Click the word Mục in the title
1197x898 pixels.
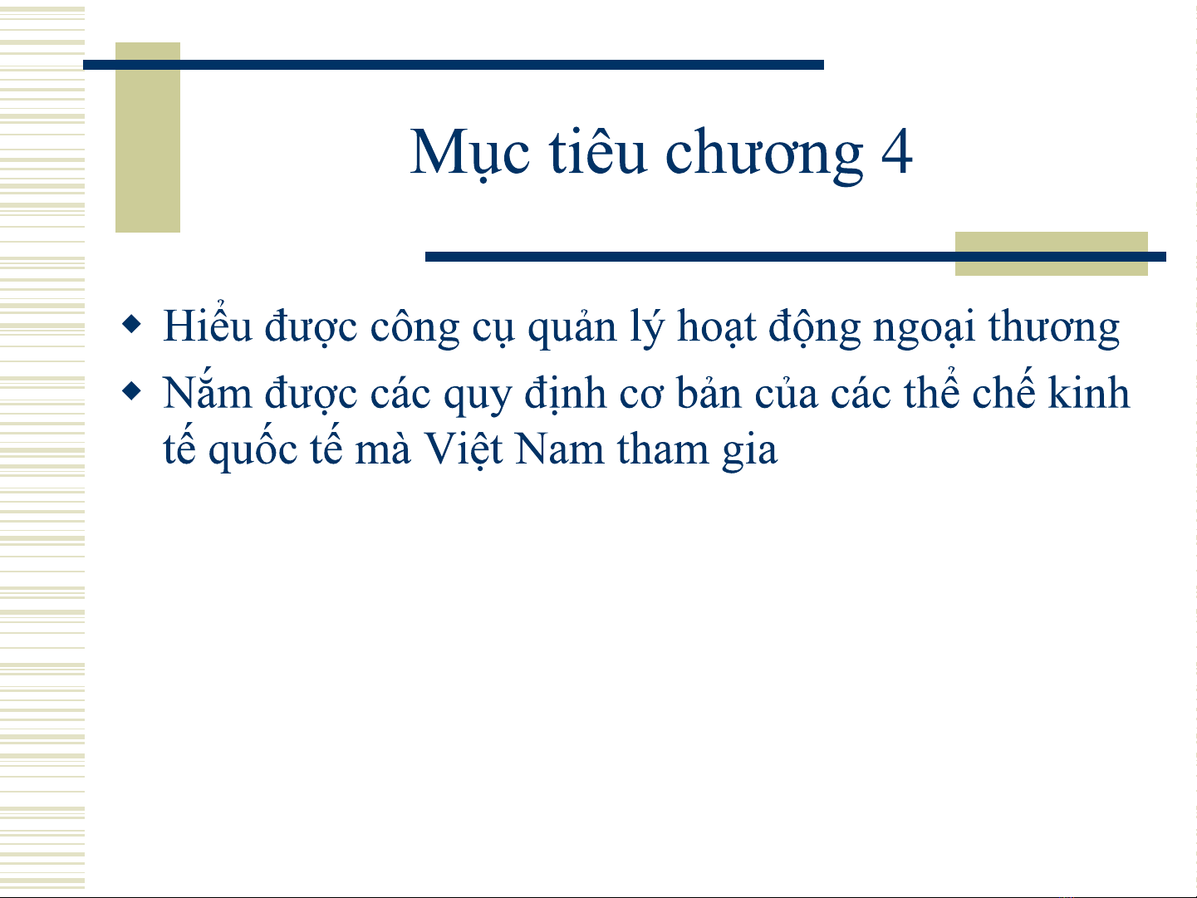tap(470, 153)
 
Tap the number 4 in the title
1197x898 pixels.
tap(896, 151)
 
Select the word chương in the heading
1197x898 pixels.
tap(764, 155)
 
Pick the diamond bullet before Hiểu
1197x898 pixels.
tap(132, 324)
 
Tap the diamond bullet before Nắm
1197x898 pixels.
tap(132, 390)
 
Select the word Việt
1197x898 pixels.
tap(463, 449)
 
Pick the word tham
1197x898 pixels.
tap(663, 448)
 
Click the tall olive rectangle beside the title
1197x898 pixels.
tap(148, 137)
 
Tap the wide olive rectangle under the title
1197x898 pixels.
tap(1052, 253)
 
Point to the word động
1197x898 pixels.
tap(814, 327)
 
